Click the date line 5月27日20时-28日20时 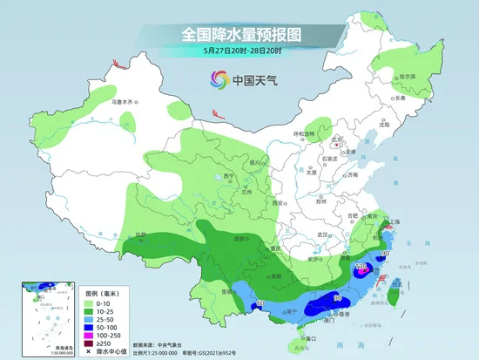coord(240,51)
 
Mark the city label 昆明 coord(227,290)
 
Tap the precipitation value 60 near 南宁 coord(260,302)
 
